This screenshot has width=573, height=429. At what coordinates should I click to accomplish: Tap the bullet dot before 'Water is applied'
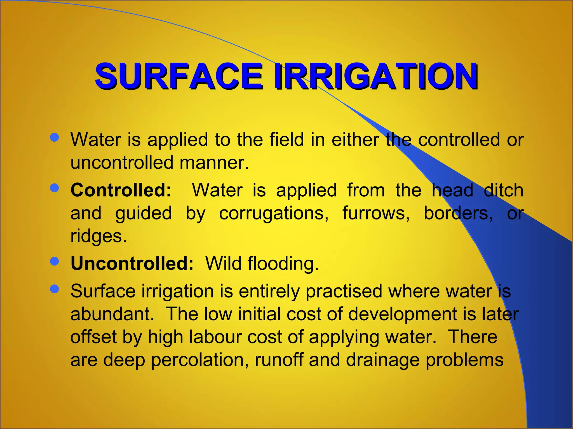coord(54,137)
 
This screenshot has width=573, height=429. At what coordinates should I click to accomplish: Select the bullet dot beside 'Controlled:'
coord(54,188)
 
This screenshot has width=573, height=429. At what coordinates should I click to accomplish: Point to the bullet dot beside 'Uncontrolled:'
coord(54,261)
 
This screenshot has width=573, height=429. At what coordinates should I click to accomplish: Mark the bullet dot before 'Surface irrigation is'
coord(54,289)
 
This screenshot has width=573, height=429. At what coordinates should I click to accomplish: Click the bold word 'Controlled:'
coord(121,190)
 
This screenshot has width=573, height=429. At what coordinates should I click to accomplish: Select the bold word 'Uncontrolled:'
coord(132,263)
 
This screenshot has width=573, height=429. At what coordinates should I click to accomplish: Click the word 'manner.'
coord(214,163)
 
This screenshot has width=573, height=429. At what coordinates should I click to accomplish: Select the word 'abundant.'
coord(112,314)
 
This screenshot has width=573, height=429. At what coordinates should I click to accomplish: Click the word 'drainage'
coord(383,360)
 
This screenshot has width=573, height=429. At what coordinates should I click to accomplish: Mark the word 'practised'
coord(344,291)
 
